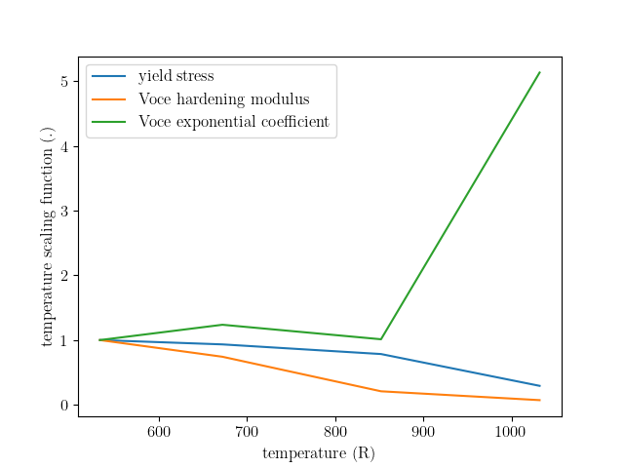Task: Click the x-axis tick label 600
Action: pos(159,432)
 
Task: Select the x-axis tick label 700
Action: pos(247,432)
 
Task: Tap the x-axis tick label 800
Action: pos(335,432)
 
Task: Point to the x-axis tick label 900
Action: pos(423,432)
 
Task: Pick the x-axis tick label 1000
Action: pos(510,432)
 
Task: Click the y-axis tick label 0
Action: pos(64,406)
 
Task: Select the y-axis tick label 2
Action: pos(64,275)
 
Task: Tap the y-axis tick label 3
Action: pos(64,211)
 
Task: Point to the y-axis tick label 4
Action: pos(64,146)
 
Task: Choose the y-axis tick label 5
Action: pos(64,82)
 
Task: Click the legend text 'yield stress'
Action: pos(175,76)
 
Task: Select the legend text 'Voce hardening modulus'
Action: pos(223,99)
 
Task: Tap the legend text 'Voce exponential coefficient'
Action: pos(234,121)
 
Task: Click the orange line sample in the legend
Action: pos(108,99)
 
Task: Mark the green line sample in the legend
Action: pos(108,122)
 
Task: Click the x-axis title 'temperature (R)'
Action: pos(319,453)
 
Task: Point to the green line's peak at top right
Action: pos(539,72)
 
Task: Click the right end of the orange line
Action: pos(540,400)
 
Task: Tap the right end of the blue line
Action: pos(540,386)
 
